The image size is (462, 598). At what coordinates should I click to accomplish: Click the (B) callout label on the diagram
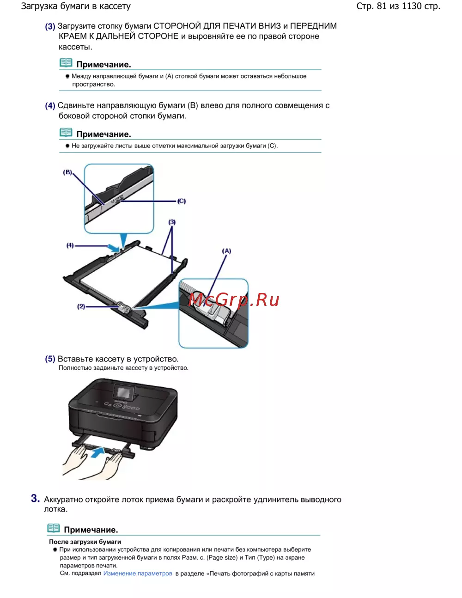coord(67,172)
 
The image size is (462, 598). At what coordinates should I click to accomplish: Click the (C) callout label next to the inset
coord(181,201)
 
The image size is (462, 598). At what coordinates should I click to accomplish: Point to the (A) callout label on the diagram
coord(226,251)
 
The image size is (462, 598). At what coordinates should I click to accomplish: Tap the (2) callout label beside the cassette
coord(81,306)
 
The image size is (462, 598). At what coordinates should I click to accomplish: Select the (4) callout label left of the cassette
coord(70,245)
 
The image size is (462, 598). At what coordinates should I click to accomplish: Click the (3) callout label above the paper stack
coord(172,222)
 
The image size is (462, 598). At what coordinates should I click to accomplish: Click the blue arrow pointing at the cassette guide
coord(113,248)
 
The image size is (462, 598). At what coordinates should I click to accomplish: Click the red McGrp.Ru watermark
coord(234,299)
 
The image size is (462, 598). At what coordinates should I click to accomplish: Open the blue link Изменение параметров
coord(138,574)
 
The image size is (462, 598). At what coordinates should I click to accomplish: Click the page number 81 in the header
coord(382,6)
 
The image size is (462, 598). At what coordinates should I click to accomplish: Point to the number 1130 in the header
coord(411,6)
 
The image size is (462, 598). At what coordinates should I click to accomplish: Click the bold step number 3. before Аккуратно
coord(35,498)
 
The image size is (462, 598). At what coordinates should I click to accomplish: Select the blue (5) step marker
coord(50,359)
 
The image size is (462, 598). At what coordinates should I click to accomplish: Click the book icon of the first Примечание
coord(66,63)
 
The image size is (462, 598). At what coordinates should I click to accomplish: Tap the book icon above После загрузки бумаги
coord(53,528)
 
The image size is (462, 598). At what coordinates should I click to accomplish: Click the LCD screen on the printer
coord(123,393)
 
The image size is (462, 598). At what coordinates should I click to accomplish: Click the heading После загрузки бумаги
coord(85,542)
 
